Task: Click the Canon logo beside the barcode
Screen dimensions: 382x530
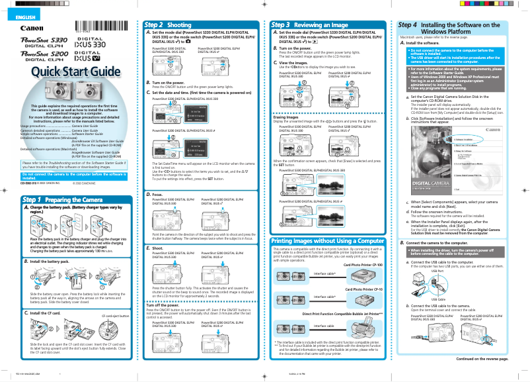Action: coord(31,28)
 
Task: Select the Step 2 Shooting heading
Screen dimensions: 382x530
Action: coord(169,24)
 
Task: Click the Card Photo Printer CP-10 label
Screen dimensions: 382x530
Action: coord(363,289)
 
